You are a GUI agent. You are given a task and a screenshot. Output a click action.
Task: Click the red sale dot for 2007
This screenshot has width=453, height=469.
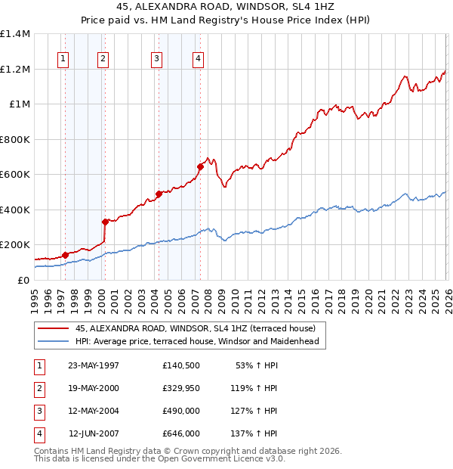click(200, 166)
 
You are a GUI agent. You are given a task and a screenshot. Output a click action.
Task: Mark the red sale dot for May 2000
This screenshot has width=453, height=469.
click(105, 222)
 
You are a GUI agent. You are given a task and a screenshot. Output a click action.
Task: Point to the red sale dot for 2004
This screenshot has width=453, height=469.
click(159, 194)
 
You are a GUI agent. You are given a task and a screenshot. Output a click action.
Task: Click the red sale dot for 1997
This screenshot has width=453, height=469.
click(65, 255)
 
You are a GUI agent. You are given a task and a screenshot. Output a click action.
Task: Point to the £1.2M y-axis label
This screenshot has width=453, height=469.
click(14, 69)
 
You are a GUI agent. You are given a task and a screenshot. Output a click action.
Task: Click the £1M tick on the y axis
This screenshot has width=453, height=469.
click(18, 104)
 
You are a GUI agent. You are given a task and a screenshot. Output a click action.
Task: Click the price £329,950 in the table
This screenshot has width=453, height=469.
click(180, 388)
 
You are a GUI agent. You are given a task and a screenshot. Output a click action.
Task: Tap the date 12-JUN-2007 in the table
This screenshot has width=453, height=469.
click(94, 433)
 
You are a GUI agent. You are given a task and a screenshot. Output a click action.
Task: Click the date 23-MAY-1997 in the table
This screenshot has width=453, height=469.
click(94, 365)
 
